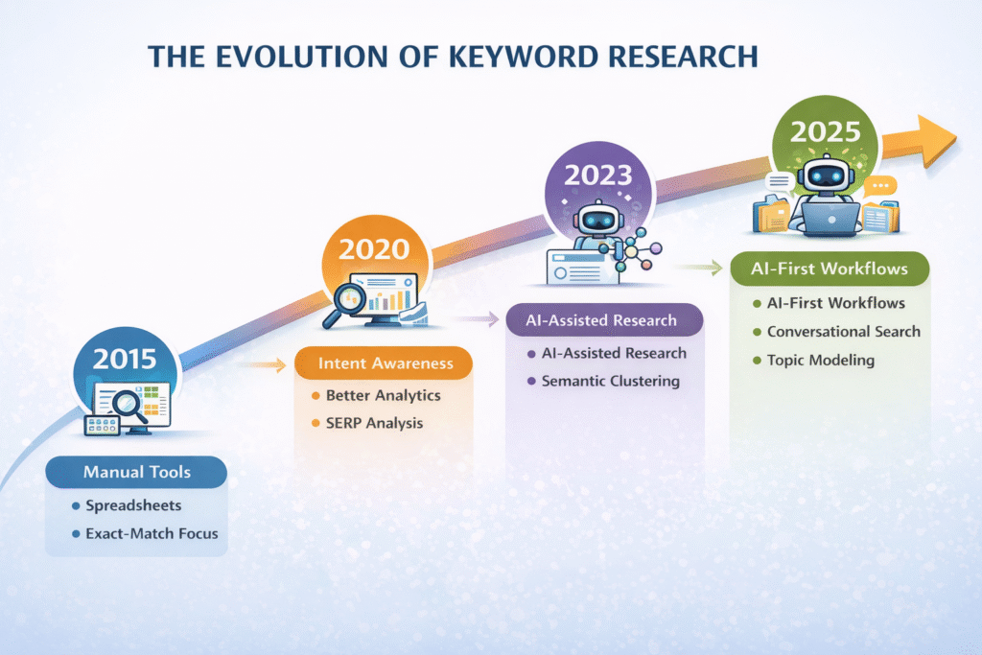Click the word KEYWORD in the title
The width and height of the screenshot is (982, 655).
click(523, 57)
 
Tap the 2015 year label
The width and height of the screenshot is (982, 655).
click(125, 359)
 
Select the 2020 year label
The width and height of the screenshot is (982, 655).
click(374, 249)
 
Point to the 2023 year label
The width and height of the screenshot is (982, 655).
click(598, 175)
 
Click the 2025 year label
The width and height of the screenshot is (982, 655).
click(825, 131)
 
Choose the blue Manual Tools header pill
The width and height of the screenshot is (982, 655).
click(136, 472)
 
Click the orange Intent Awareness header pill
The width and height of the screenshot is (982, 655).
click(384, 363)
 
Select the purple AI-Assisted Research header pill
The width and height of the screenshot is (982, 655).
click(604, 320)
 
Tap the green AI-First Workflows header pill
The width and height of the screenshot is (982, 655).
click(830, 269)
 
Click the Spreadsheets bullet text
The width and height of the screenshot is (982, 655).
click(133, 505)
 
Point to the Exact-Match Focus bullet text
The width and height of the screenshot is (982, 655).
click(152, 533)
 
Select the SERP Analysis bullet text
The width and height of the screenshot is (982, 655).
click(375, 423)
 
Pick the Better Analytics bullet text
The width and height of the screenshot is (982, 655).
click(384, 395)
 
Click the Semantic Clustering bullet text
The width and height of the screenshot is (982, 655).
click(611, 381)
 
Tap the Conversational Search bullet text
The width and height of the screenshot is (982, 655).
click(844, 331)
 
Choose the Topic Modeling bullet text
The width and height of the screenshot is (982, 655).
click(821, 360)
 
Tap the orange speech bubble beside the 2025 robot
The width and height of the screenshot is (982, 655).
click(880, 187)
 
